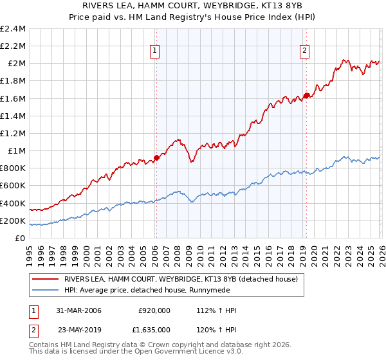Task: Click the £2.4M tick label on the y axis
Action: pos(13,29)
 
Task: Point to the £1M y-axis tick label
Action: pos(16,150)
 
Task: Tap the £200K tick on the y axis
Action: pos(13,221)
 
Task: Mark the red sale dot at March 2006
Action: pos(156,157)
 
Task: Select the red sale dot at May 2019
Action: pos(306,95)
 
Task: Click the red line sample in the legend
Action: pos(45,280)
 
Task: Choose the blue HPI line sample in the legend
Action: pos(45,290)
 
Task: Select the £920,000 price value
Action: pos(154,310)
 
